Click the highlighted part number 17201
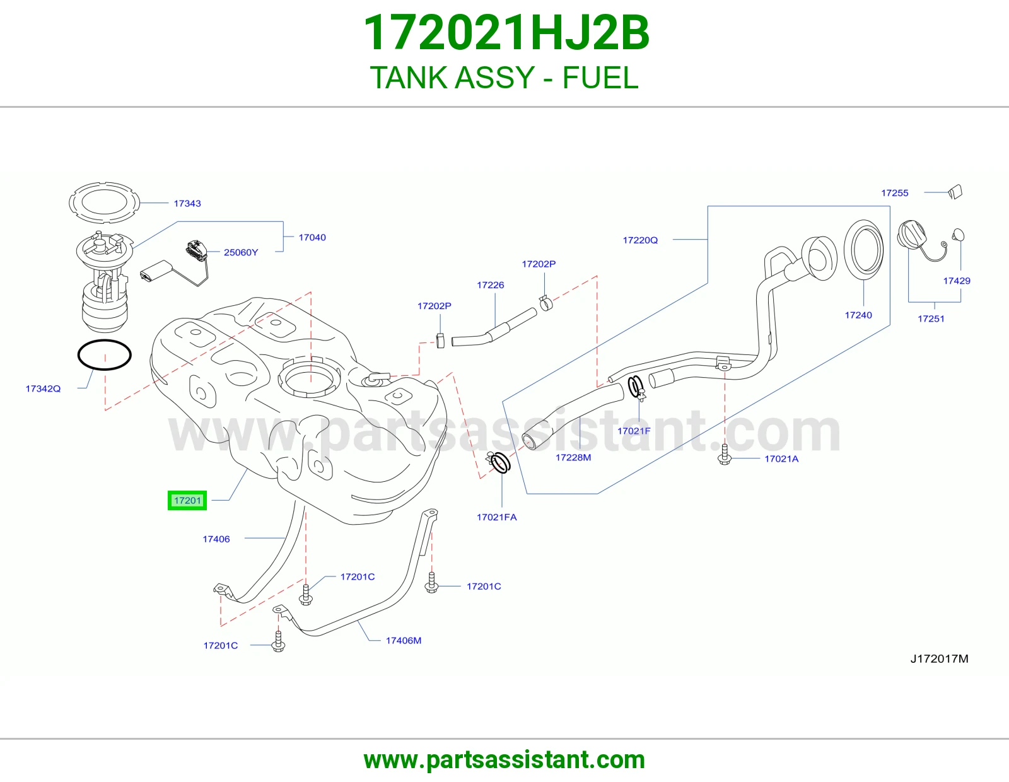point(187,501)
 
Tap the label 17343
point(187,204)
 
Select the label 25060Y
point(240,252)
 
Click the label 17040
point(312,237)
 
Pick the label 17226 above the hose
point(491,284)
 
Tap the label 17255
point(895,193)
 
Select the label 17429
point(957,281)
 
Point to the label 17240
point(858,315)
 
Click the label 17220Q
point(640,240)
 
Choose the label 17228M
point(573,457)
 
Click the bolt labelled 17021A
point(725,455)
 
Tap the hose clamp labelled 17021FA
point(499,462)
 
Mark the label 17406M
point(404,640)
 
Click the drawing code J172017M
point(940,658)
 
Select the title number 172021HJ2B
point(506,33)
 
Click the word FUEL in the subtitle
point(600,78)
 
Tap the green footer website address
point(504,760)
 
